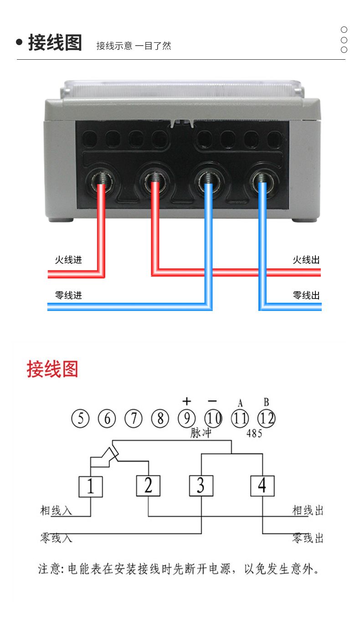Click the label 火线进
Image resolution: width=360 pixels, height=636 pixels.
point(68,260)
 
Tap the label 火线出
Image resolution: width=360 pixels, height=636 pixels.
point(306,260)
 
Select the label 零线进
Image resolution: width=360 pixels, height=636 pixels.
point(68,295)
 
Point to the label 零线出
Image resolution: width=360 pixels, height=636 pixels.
point(306,295)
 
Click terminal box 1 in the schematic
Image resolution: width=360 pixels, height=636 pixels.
point(91,487)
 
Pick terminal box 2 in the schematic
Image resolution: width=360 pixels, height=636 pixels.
point(148,486)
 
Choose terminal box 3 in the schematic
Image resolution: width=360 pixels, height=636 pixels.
point(201,486)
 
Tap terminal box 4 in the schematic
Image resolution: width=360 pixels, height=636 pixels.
point(262,486)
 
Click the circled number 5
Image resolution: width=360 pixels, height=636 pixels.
point(81,418)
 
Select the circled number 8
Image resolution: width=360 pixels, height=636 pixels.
point(160,418)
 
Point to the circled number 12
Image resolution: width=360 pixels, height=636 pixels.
point(267,418)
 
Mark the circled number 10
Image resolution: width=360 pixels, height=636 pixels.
point(213,418)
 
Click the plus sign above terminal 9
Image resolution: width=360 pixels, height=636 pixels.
point(186,401)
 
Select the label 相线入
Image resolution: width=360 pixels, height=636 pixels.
point(56,510)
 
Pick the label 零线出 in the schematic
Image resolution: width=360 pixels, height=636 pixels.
point(308,538)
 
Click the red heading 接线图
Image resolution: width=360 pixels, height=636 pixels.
point(52,369)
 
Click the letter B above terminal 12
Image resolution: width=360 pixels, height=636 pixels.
point(266,402)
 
